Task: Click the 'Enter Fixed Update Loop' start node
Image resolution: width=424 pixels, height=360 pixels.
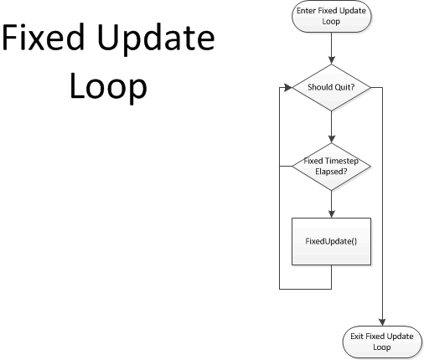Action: [332, 16]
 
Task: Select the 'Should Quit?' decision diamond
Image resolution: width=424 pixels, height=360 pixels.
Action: [332, 88]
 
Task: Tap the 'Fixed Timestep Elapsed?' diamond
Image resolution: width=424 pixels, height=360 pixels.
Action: [332, 167]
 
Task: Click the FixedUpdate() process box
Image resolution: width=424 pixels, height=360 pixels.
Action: [332, 241]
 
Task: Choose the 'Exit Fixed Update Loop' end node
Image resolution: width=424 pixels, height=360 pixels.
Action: [382, 342]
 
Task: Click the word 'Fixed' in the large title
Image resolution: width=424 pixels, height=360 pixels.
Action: [44, 37]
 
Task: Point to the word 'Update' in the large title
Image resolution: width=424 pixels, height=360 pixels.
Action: [157, 40]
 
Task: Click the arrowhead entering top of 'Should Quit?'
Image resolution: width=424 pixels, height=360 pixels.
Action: [332, 60]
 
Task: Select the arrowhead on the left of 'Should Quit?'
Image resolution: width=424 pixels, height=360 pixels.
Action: [288, 88]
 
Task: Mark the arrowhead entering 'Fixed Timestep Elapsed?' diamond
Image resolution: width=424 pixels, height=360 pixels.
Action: [332, 139]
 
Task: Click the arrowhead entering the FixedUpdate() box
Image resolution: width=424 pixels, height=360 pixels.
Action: [332, 214]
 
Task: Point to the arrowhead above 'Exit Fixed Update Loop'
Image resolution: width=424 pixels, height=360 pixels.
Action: [382, 322]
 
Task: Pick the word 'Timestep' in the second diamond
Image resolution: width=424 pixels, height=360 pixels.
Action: [342, 161]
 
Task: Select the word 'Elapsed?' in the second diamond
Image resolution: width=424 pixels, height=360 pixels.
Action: [331, 172]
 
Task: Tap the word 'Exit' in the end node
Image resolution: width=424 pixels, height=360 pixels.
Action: [357, 337]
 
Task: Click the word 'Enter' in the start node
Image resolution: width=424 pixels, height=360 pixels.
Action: [306, 11]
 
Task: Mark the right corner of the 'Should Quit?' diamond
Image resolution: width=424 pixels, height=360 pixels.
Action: [371, 88]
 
